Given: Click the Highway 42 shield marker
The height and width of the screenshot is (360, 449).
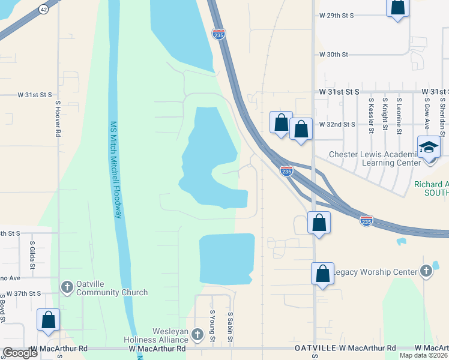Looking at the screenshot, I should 43,10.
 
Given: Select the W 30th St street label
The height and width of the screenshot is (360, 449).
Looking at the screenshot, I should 334,55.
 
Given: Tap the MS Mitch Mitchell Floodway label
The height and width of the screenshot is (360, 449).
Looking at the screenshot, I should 118,170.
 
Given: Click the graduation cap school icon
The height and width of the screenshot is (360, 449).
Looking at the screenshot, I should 429,146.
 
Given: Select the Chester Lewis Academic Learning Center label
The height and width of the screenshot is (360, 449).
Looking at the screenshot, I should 375,158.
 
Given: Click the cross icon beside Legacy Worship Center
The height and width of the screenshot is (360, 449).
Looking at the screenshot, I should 426,272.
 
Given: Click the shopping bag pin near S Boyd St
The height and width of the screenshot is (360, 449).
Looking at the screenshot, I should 48,320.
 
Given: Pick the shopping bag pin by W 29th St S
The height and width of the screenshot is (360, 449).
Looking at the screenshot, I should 397,7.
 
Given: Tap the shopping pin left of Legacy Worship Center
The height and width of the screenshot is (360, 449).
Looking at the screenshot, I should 322,274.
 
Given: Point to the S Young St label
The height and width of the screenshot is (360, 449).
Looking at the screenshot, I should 212,326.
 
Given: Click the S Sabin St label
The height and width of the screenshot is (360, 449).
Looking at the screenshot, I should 230,326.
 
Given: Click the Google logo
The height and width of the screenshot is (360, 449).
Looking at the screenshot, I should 20,353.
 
